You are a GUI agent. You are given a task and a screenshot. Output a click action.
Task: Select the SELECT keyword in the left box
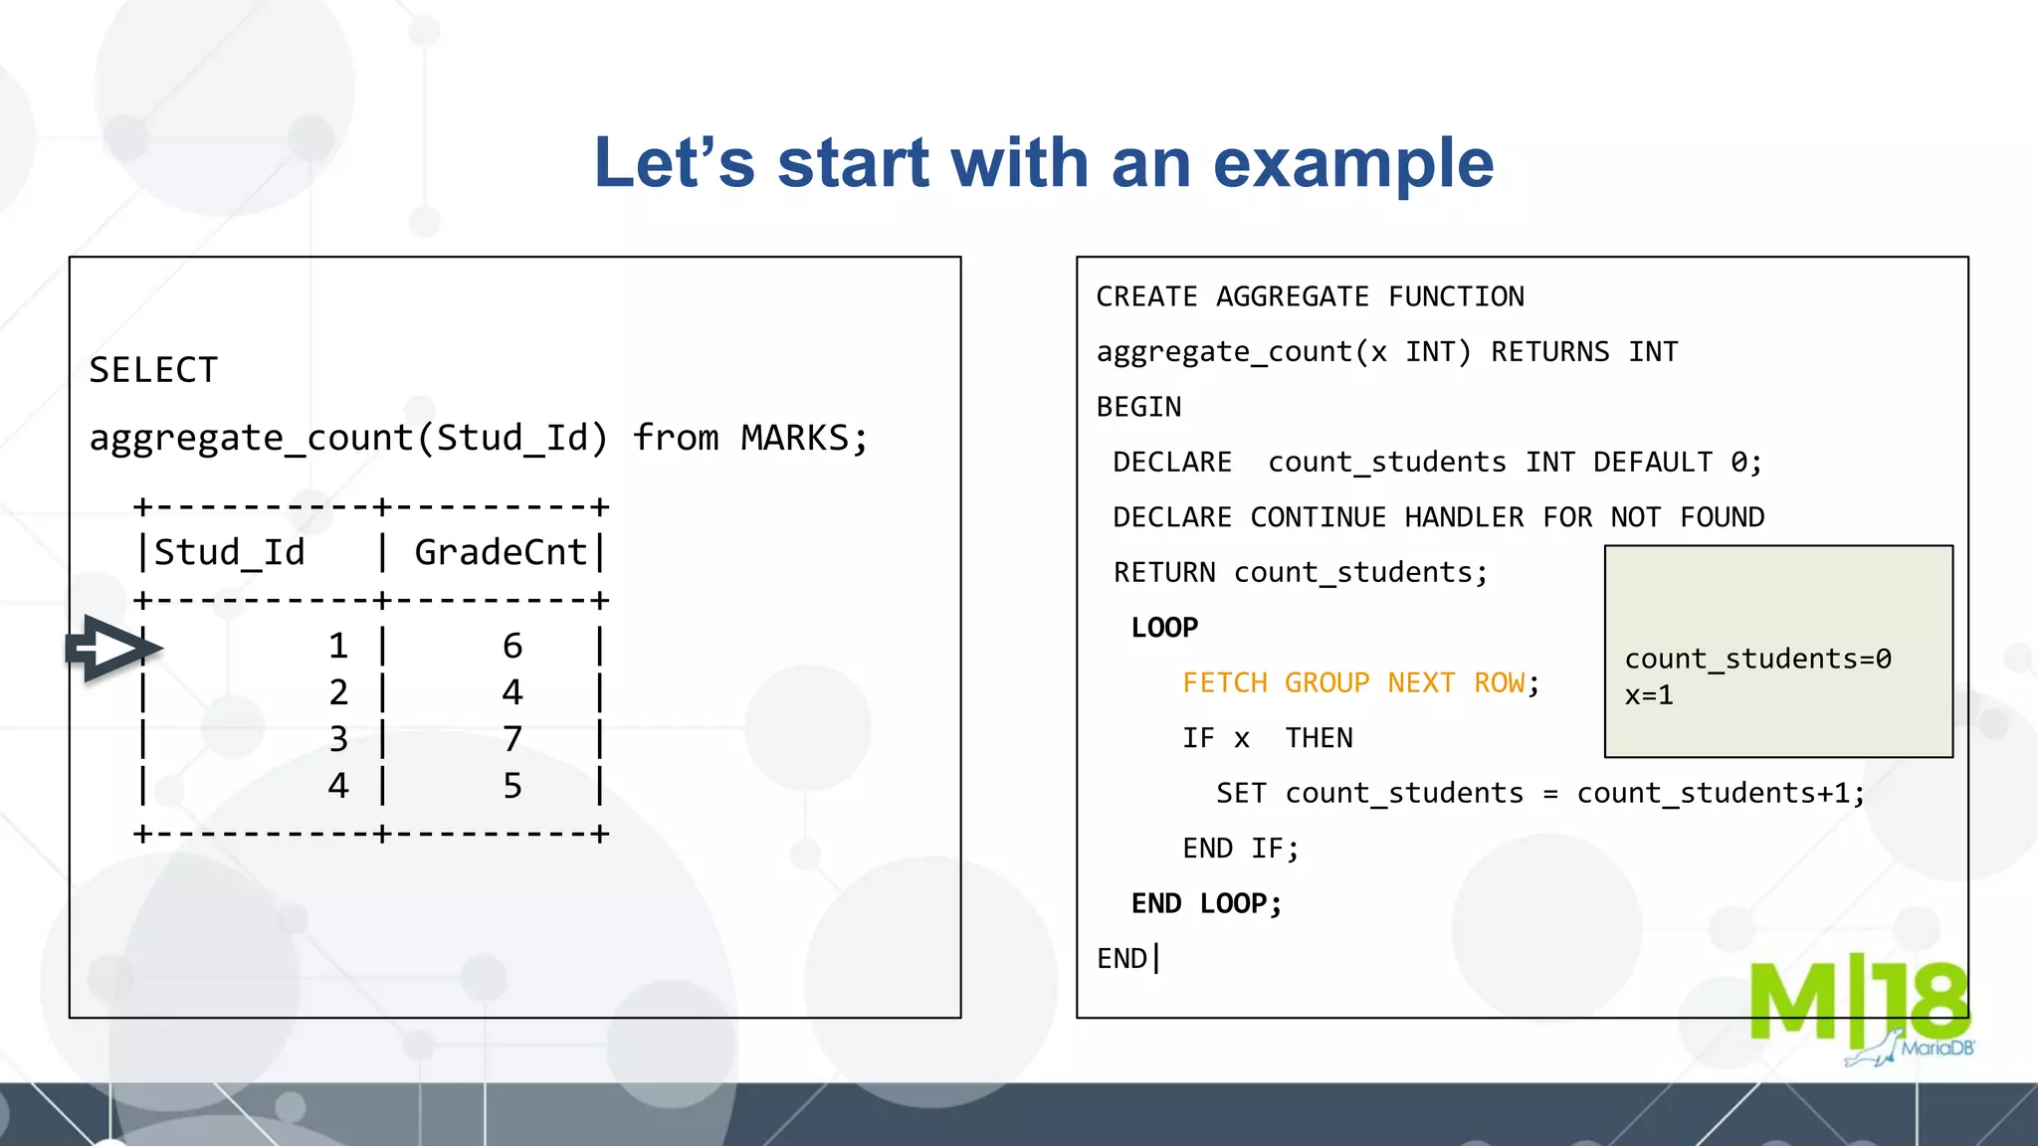click(x=153, y=370)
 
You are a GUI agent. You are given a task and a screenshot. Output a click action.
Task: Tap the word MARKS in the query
click(x=794, y=438)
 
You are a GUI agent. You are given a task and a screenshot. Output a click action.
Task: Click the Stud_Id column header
click(x=229, y=552)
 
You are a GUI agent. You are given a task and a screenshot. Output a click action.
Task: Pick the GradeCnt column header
click(x=501, y=552)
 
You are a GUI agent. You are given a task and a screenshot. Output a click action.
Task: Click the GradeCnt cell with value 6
click(x=512, y=647)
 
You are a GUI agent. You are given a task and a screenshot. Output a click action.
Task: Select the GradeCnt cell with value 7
click(x=512, y=739)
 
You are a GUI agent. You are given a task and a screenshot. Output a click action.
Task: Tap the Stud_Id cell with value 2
click(x=338, y=692)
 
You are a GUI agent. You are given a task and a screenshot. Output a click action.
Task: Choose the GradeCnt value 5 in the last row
click(x=512, y=786)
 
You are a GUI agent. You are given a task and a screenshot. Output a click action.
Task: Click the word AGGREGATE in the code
click(x=1292, y=296)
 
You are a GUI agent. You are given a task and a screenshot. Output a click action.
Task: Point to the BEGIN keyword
click(x=1138, y=407)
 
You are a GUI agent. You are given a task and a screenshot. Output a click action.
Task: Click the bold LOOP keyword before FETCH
click(x=1164, y=628)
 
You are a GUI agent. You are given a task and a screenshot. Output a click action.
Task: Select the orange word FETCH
click(x=1224, y=683)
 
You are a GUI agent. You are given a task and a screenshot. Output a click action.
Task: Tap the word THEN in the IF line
click(x=1319, y=738)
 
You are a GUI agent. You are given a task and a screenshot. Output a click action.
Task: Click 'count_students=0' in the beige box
click(x=1757, y=659)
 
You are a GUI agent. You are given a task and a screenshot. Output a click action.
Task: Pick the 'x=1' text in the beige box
click(x=1649, y=695)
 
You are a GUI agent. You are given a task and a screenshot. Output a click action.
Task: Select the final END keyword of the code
click(x=1121, y=959)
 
